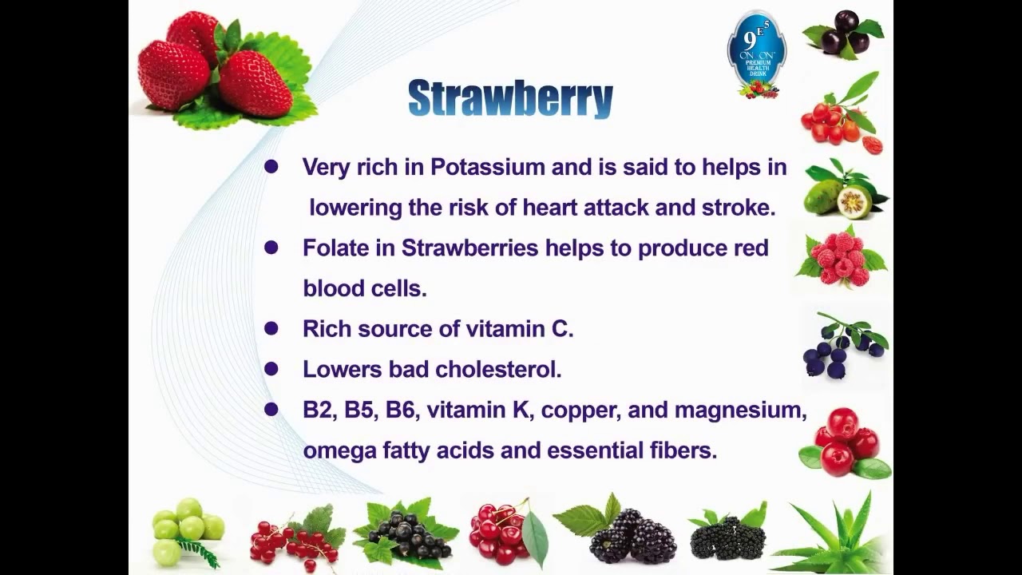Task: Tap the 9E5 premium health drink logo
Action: [x=756, y=54]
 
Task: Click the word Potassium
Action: [x=488, y=167]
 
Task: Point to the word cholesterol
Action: [x=498, y=369]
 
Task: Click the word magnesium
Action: [x=740, y=410]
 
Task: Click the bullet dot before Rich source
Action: [x=271, y=328]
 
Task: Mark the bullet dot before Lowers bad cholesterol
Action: [x=271, y=369]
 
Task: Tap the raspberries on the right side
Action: [x=842, y=257]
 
